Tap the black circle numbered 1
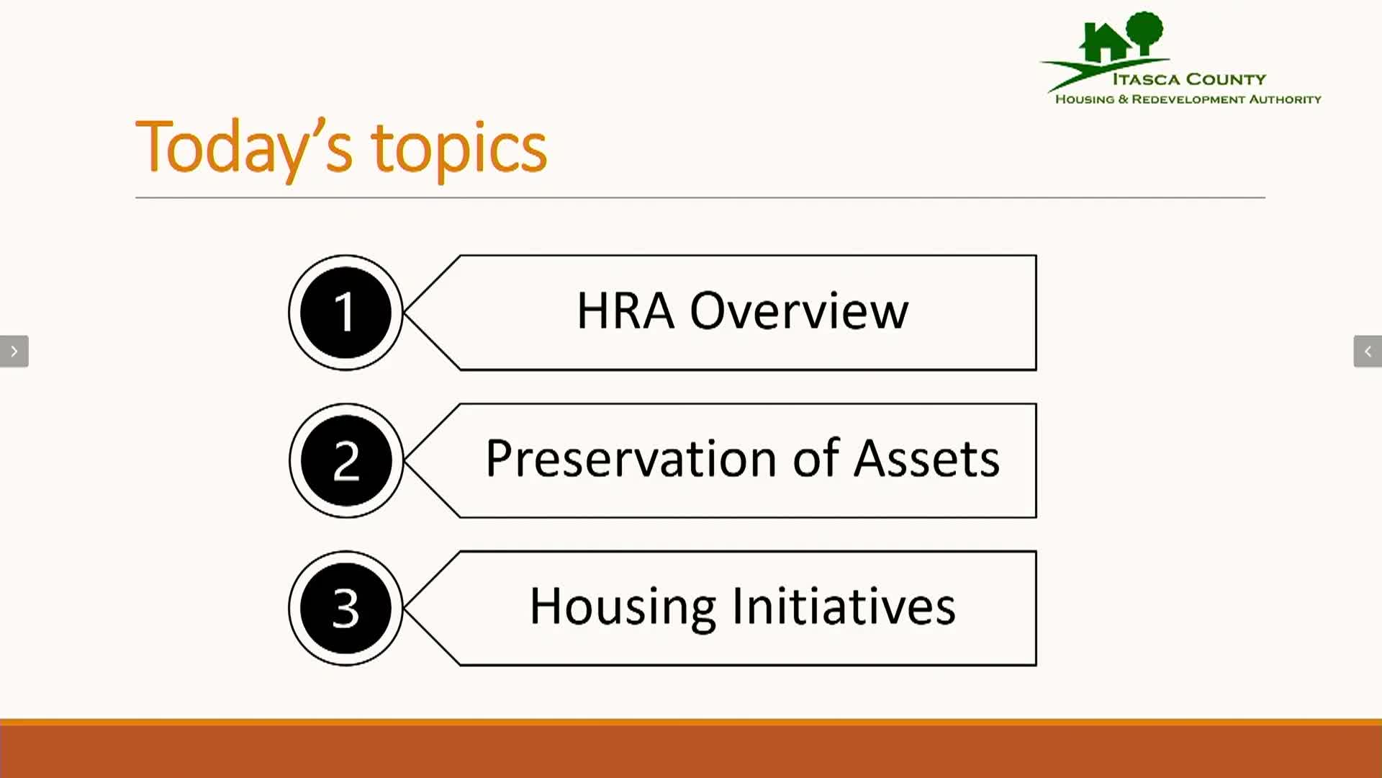point(345,313)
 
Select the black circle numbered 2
point(345,460)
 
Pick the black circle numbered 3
point(345,608)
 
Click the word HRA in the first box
point(625,311)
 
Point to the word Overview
point(799,311)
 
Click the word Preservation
point(631,458)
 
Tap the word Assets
point(927,458)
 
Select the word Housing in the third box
point(623,607)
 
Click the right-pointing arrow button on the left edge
point(14,352)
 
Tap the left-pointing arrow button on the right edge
point(1368,352)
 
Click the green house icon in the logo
point(1105,43)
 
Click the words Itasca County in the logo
point(1189,79)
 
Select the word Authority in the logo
point(1285,99)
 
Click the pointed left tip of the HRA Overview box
point(405,313)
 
